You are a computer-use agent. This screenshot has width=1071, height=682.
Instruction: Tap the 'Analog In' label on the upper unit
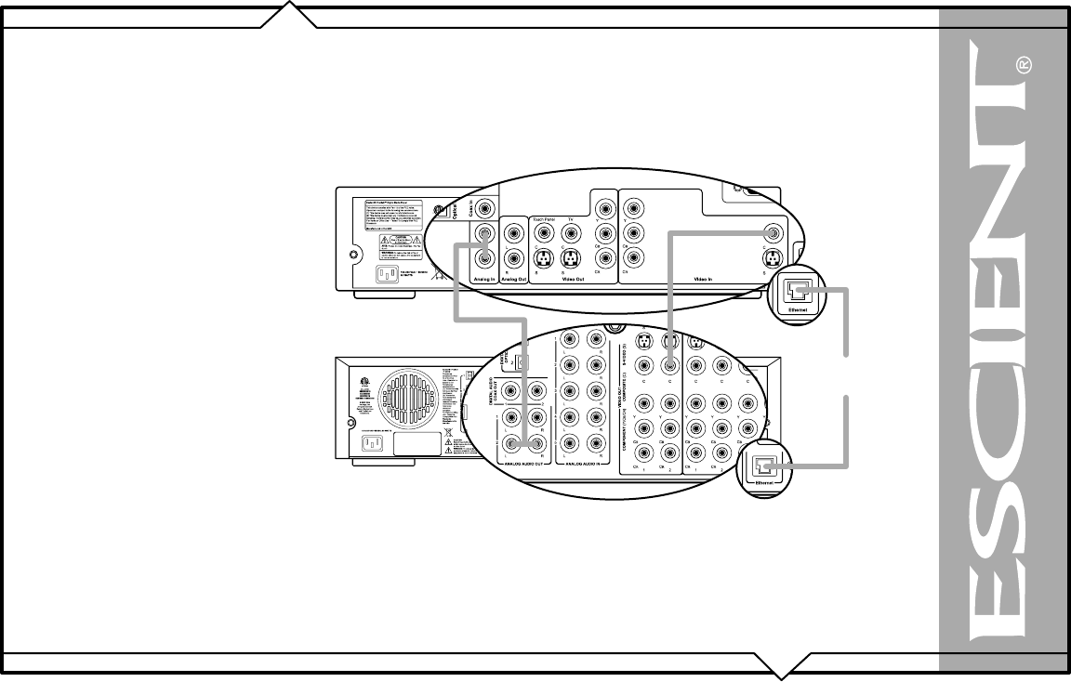pos(483,277)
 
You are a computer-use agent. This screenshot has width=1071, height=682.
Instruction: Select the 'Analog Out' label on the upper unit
pos(513,277)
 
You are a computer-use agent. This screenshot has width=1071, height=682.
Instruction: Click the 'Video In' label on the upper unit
pos(704,277)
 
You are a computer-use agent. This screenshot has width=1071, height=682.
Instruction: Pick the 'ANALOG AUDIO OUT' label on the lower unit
pos(522,462)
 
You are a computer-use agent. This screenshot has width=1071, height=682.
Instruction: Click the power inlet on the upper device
pos(388,274)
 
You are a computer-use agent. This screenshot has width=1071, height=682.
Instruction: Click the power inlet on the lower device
pos(372,444)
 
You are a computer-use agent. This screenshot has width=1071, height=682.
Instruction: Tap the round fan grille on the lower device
pos(405,387)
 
